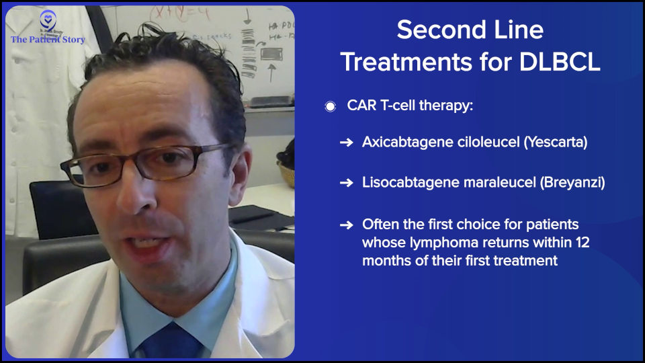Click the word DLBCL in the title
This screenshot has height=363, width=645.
(560, 62)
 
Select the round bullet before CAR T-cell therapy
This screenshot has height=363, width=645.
(330, 107)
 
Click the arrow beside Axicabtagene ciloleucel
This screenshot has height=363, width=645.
(347, 143)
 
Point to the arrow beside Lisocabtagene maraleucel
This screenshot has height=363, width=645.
(347, 182)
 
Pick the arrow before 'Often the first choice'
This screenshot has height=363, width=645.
(347, 225)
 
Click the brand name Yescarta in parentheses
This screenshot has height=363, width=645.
(556, 142)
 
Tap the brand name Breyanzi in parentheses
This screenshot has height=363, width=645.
(572, 182)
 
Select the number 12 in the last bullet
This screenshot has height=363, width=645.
(583, 243)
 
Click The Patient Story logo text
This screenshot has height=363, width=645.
(48, 40)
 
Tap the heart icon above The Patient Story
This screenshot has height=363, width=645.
(48, 19)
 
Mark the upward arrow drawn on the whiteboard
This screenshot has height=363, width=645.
(271, 73)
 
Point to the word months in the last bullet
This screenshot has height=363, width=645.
(387, 261)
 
